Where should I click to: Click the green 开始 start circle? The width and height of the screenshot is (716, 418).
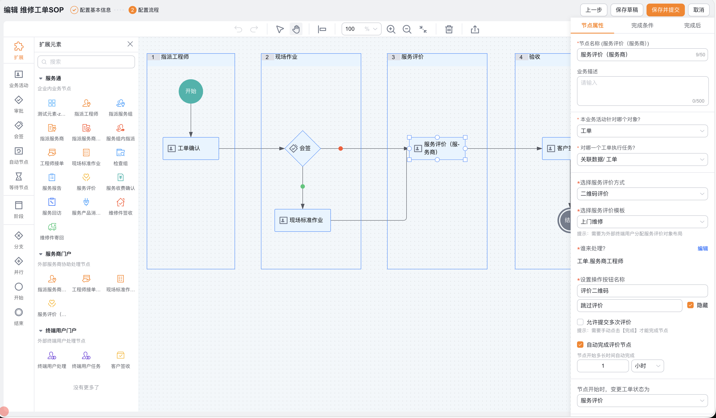(191, 91)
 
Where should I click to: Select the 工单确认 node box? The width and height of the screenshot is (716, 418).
(191, 148)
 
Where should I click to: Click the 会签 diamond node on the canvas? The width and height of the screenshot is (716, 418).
(303, 148)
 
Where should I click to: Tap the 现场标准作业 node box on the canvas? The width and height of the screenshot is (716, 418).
(303, 220)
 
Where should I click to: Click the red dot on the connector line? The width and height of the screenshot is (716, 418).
(340, 149)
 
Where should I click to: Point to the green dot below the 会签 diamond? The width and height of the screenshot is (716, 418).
(303, 187)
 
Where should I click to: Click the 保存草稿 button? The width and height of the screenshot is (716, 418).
(627, 10)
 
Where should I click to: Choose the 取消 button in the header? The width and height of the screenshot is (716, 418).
(698, 10)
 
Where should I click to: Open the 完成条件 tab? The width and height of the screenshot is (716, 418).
(642, 26)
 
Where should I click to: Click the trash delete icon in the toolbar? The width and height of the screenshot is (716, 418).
(449, 29)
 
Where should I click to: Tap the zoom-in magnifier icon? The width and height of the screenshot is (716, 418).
(391, 29)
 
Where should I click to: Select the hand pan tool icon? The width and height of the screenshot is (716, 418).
(296, 29)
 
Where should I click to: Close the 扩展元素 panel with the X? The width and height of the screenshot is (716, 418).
(130, 44)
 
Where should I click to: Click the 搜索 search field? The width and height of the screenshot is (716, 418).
(86, 62)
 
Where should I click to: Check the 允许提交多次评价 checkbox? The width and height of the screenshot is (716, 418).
(580, 322)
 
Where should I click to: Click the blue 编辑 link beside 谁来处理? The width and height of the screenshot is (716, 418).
(703, 249)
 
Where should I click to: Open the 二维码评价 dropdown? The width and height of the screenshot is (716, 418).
(642, 194)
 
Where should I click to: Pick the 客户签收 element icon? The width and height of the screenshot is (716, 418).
(120, 356)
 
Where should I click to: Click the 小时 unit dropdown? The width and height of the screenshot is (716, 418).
(648, 366)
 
